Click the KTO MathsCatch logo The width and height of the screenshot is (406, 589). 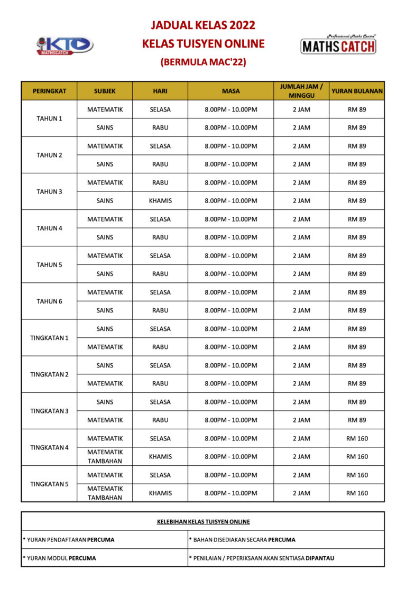tap(64, 45)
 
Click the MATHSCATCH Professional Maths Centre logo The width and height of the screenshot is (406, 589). tap(338, 44)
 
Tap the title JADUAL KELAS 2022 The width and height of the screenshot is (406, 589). tap(203, 25)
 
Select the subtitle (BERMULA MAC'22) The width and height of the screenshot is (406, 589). tap(203, 62)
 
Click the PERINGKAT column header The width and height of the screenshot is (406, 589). tap(49, 91)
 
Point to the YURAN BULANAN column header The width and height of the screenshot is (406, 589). tap(357, 91)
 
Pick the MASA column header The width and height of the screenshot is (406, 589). tap(230, 91)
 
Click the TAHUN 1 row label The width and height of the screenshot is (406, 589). tap(49, 118)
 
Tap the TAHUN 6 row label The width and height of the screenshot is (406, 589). tap(49, 301)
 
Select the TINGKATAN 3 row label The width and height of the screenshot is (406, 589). tap(49, 411)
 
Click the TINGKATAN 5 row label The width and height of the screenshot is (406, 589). tap(49, 484)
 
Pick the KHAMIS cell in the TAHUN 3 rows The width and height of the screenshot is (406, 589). tap(160, 201)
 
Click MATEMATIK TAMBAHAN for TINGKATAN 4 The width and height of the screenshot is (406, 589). tap(105, 456)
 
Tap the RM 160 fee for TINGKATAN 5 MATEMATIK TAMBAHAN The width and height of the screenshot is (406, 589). tap(357, 493)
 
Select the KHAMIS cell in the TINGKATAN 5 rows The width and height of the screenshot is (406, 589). tap(160, 493)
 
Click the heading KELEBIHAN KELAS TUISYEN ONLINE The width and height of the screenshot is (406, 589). tap(203, 522)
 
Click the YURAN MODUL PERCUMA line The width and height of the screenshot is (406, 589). tap(59, 558)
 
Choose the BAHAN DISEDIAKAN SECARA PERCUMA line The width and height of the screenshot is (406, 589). tap(242, 540)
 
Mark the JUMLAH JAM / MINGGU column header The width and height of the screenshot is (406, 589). tap(301, 91)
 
